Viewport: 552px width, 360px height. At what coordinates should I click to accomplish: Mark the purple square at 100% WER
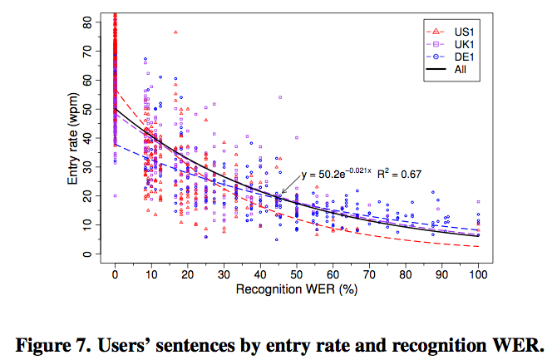(x=478, y=202)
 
